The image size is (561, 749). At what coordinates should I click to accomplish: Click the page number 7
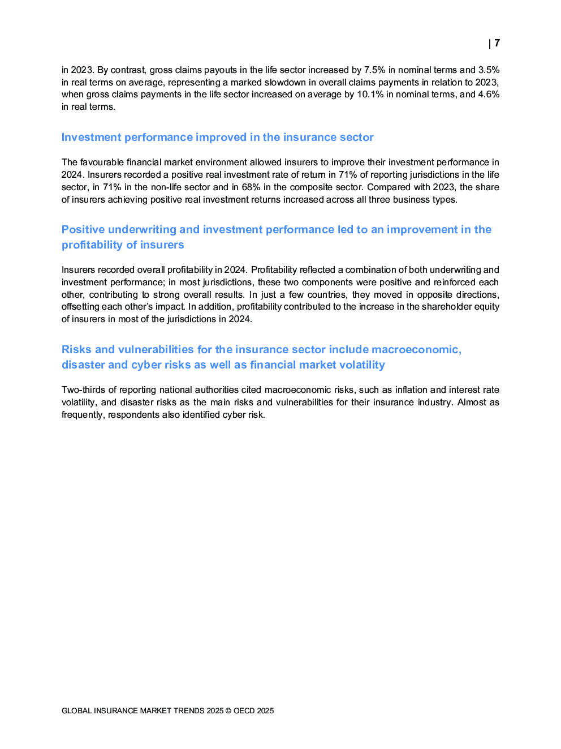click(497, 43)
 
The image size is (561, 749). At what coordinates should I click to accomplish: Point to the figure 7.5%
click(374, 70)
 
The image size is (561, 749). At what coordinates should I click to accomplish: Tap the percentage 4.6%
click(489, 95)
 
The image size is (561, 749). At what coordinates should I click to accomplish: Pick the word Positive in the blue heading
click(83, 230)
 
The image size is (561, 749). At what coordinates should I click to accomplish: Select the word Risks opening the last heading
click(76, 350)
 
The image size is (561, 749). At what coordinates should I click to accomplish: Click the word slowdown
click(285, 83)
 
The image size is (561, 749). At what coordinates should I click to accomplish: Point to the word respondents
click(133, 415)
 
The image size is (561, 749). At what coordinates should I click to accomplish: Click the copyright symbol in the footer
click(228, 711)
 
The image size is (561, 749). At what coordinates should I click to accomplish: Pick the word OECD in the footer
click(244, 711)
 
